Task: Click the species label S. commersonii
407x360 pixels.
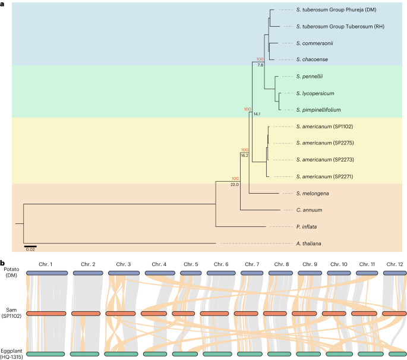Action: pyautogui.click(x=312, y=43)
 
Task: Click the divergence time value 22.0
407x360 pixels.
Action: pyautogui.click(x=234, y=185)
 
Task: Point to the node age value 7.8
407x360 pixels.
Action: pyautogui.click(x=260, y=64)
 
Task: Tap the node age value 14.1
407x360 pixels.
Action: pyautogui.click(x=257, y=113)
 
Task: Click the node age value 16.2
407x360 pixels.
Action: pyautogui.click(x=244, y=155)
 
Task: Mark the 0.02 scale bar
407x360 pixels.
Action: pyautogui.click(x=30, y=245)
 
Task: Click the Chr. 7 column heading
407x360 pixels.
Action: pyautogui.click(x=252, y=264)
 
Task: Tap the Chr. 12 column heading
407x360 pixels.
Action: pyautogui.click(x=395, y=264)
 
